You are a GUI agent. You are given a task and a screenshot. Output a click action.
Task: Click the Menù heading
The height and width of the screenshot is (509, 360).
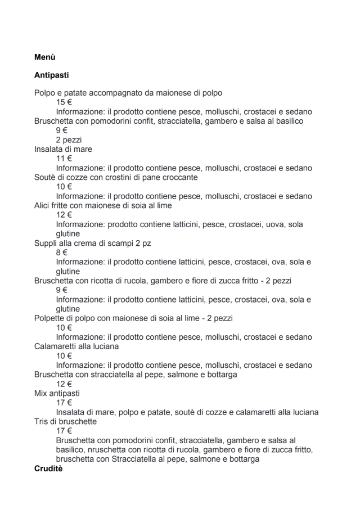pyautogui.click(x=44, y=57)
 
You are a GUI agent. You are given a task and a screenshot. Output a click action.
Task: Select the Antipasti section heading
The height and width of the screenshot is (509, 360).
pyautogui.click(x=51, y=75)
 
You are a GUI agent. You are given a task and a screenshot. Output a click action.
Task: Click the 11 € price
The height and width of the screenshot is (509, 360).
pyautogui.click(x=64, y=159)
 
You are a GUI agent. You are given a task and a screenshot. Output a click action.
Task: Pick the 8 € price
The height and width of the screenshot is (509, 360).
pyautogui.click(x=61, y=253)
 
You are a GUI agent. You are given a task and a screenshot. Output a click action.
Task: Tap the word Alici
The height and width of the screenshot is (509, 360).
pyautogui.click(x=43, y=205)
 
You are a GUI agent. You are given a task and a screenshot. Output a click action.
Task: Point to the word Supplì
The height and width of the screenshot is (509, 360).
pyautogui.click(x=46, y=243)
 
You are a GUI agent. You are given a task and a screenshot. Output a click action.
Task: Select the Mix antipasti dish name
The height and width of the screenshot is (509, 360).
pyautogui.click(x=57, y=393)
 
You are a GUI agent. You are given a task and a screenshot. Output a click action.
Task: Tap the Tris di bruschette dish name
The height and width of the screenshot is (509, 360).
pyautogui.click(x=65, y=421)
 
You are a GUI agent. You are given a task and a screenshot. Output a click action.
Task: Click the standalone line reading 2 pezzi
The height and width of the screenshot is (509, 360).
pyautogui.click(x=69, y=140)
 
